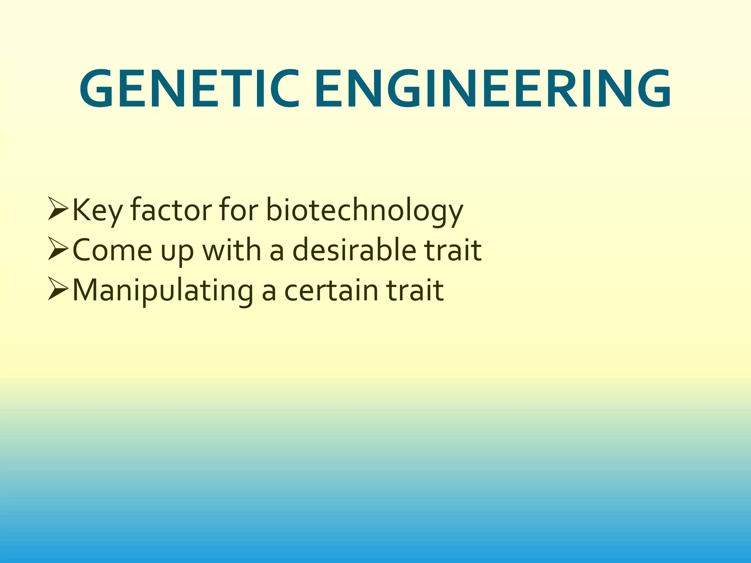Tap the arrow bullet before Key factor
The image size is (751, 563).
[58, 209]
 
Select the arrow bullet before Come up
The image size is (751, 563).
[58, 249]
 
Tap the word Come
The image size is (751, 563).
[112, 250]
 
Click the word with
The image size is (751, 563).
[232, 250]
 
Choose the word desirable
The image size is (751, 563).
[354, 250]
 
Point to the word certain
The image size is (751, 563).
[331, 290]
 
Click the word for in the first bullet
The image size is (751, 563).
[239, 210]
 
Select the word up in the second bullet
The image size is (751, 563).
[177, 253]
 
